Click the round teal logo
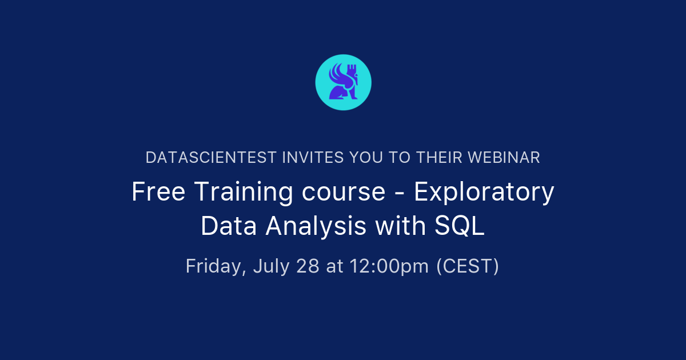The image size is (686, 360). point(343,82)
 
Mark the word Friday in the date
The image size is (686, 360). point(214,266)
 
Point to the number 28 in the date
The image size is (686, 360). point(309,266)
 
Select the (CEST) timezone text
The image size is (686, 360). point(467,266)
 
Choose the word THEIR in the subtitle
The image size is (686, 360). point(435,158)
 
